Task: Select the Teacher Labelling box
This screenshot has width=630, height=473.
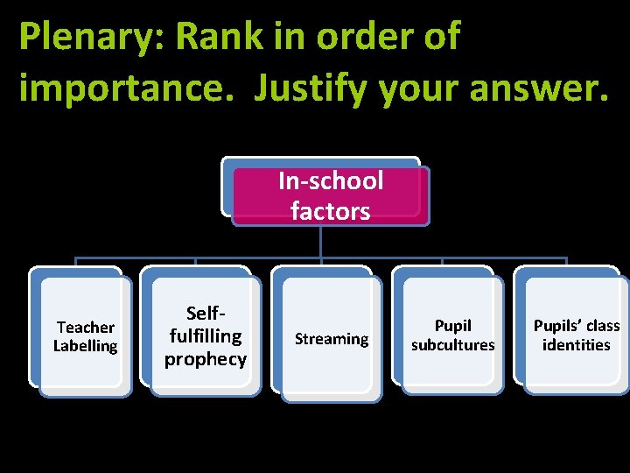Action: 86,336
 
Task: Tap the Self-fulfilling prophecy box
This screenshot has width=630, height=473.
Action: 206,336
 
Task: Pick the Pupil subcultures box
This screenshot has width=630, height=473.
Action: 453,336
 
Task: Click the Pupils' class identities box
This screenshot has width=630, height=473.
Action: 576,335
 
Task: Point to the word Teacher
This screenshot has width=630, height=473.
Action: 86,328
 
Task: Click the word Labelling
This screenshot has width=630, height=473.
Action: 86,346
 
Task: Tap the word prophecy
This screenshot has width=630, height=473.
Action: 206,359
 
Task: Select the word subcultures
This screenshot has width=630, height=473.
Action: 453,345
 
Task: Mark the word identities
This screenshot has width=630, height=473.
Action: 576,345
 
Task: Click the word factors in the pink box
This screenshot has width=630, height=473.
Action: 331,211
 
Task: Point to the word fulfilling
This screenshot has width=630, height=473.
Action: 206,335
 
